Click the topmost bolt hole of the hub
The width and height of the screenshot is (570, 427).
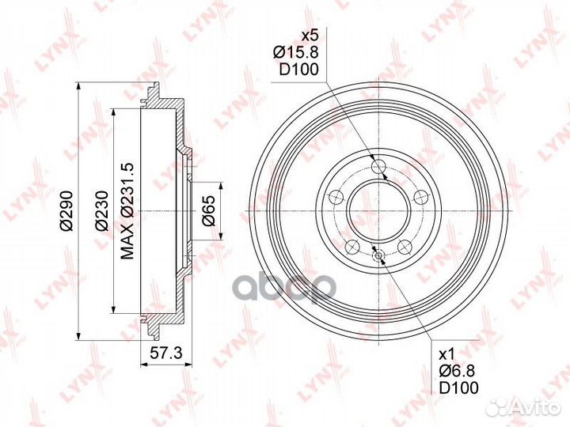(x=378, y=166)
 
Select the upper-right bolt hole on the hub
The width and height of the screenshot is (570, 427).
(x=419, y=197)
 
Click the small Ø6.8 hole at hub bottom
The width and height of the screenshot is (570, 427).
(x=378, y=255)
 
